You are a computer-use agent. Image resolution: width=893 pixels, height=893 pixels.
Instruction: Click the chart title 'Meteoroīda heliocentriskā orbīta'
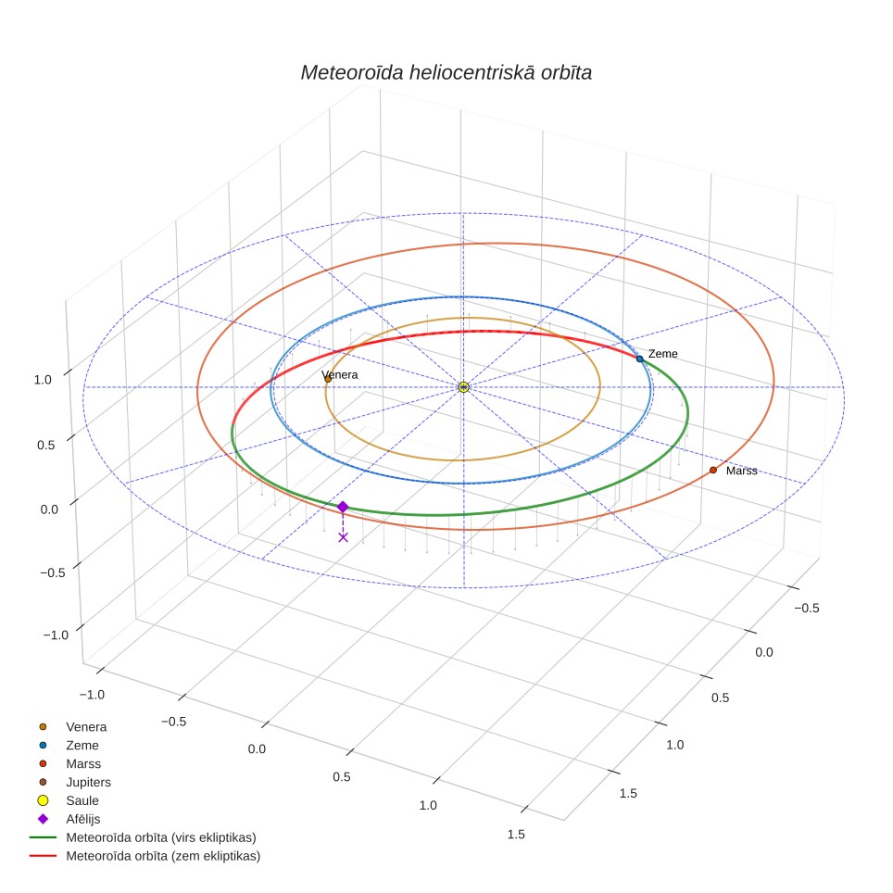tap(446, 73)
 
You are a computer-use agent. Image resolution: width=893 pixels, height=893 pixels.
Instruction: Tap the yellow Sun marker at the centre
tap(463, 387)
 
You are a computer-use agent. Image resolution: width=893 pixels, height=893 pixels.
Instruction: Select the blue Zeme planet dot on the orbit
tap(639, 358)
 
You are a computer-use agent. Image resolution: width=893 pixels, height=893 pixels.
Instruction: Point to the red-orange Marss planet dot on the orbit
tap(713, 470)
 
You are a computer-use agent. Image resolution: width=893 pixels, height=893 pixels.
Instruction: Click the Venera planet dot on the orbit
tap(328, 379)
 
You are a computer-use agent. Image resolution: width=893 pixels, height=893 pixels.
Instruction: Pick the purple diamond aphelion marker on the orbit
tap(342, 507)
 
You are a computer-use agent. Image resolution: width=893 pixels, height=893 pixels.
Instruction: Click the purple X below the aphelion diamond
tap(343, 537)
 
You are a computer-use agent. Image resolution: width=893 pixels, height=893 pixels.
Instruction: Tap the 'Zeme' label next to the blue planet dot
tap(663, 354)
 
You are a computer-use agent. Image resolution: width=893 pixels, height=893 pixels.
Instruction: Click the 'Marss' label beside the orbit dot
tap(741, 471)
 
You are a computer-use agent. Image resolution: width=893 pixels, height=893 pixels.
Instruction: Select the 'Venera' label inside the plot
tap(340, 375)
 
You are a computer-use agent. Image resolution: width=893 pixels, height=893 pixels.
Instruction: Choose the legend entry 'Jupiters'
tap(88, 782)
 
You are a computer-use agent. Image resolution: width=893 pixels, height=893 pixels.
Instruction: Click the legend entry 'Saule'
tap(82, 800)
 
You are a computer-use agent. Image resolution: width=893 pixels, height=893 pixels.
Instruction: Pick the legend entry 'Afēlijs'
tap(83, 819)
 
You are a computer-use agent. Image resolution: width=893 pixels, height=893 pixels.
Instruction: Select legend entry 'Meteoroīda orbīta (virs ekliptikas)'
tap(161, 837)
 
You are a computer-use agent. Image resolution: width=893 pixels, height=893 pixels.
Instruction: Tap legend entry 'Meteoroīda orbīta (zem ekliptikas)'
tap(163, 856)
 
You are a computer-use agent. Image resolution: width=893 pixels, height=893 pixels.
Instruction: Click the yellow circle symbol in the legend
tap(43, 800)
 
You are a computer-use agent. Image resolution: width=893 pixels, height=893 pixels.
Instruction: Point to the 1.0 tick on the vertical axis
tap(43, 380)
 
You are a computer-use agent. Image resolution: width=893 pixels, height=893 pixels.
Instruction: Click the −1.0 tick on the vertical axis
tap(56, 635)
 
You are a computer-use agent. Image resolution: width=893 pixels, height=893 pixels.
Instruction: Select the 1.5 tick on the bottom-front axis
tap(516, 835)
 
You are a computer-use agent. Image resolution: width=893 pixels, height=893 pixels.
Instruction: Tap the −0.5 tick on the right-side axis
tap(807, 609)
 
